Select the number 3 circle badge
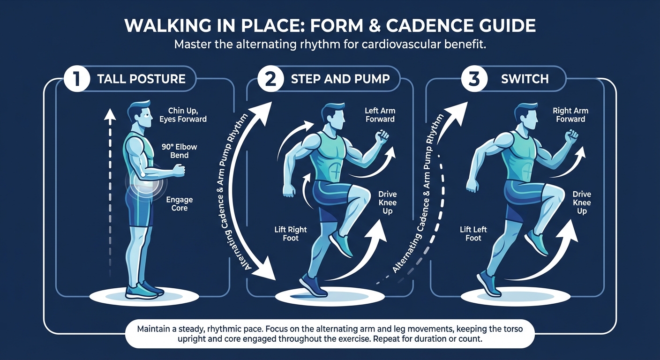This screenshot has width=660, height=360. point(474,78)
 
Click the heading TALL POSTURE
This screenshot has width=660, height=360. point(141,78)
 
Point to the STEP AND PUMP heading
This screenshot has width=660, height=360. point(340,78)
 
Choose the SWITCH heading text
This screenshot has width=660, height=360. point(525,78)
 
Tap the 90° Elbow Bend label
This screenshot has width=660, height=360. point(179,151)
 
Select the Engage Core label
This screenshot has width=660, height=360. point(179,204)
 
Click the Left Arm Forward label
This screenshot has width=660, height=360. point(380,115)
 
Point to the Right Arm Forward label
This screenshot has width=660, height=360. point(570,115)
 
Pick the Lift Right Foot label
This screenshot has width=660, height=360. point(291,233)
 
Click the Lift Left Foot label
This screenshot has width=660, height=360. point(473,233)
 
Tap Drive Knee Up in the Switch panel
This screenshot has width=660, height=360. point(582,202)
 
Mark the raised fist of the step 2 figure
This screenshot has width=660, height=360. point(383,136)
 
